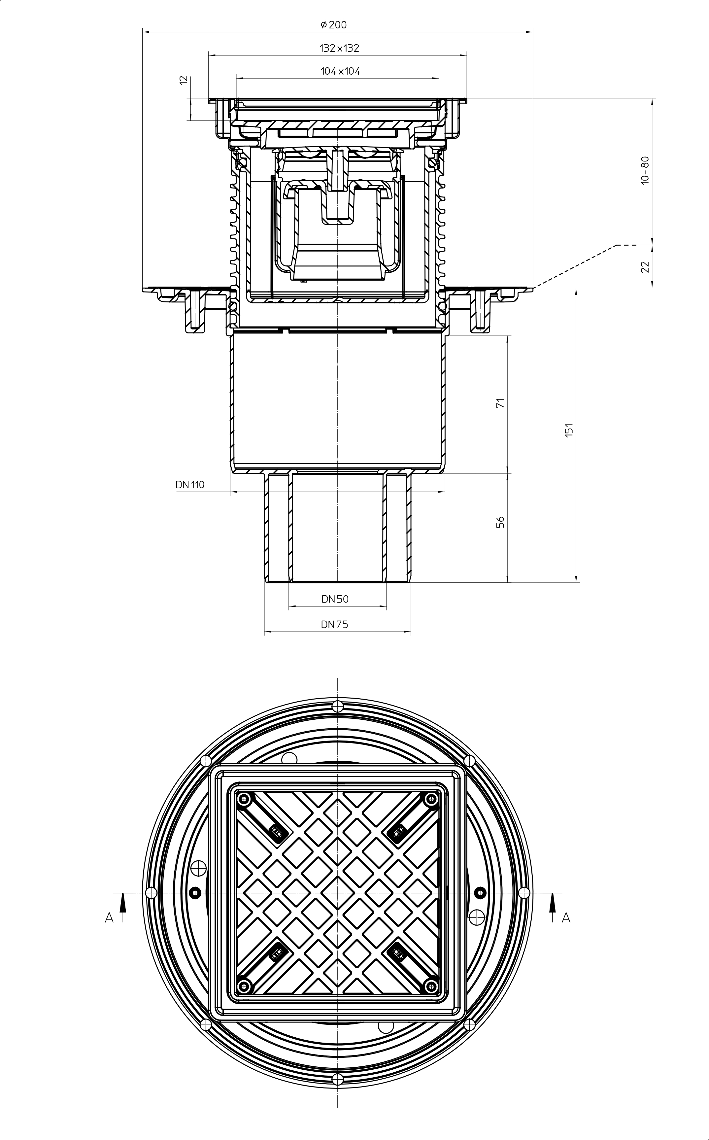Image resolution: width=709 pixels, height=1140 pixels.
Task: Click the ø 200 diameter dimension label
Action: pos(334,24)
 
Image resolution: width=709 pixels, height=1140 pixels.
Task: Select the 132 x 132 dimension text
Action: pos(340,48)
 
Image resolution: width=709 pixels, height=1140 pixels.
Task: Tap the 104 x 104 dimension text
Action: pos(340,71)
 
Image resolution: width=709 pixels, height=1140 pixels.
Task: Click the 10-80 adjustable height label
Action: pos(645,171)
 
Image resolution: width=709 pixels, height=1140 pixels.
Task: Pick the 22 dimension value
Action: pos(645,267)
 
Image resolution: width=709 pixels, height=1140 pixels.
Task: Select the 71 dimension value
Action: pos(500,402)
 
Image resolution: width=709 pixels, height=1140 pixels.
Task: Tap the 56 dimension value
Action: pos(500,522)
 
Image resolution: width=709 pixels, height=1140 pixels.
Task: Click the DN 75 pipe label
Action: pos(334,625)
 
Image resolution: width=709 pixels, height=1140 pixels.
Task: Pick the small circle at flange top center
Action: pos(337,706)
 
